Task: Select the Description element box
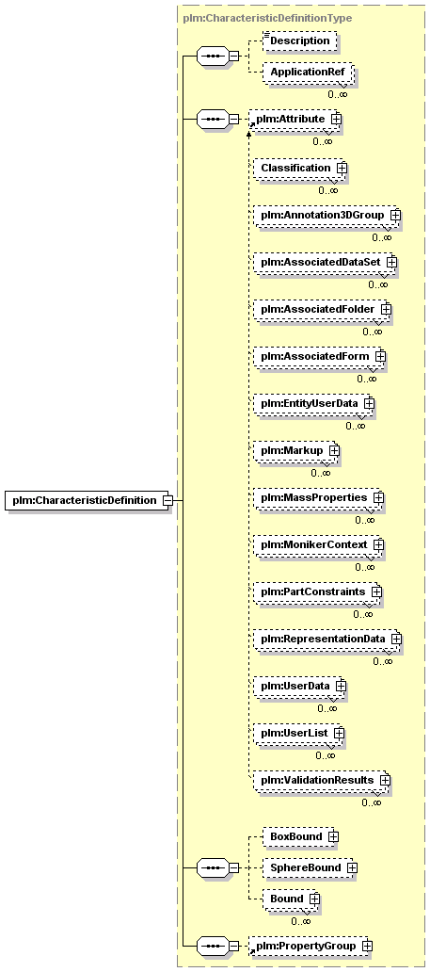(300, 40)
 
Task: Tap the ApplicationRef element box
(308, 73)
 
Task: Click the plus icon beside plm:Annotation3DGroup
(392, 215)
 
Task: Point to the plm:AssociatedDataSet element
(323, 262)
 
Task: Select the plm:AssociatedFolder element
(320, 308)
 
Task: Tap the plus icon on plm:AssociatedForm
(380, 356)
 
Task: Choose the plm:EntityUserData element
(312, 403)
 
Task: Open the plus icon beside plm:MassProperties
(378, 498)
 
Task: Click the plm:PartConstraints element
(316, 592)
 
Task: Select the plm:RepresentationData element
(326, 640)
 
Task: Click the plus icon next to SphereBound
(351, 867)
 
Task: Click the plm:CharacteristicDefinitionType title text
(267, 18)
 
